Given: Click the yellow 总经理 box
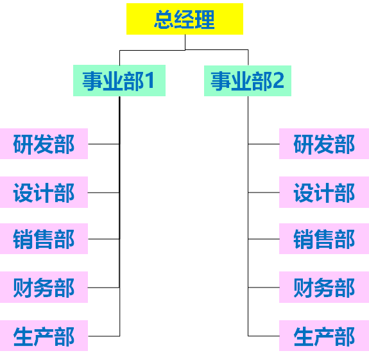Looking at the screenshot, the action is point(185,19).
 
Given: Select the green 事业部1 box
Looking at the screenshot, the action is point(119,80).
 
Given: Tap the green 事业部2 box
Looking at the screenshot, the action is point(248,81).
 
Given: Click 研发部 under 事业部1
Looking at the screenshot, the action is point(44,144).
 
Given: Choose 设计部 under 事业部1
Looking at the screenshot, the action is point(44,192).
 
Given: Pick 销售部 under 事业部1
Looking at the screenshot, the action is point(44,239).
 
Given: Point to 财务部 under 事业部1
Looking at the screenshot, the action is point(44,287).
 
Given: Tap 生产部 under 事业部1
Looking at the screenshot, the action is point(44,336).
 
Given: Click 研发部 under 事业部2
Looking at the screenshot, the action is point(324,144).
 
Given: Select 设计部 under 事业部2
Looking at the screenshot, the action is point(324,192).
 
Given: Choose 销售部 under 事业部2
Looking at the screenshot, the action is point(324,239).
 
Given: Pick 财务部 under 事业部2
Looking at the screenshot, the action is point(324,287).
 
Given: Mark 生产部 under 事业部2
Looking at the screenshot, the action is point(324,336).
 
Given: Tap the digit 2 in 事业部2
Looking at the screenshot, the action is point(278,80).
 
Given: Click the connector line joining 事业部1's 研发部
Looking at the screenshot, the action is point(104,144).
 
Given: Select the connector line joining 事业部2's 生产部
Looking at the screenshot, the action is point(264,336).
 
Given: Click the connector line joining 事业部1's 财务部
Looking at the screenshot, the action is point(104,287).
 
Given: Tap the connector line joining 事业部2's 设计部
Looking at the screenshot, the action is point(264,193).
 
